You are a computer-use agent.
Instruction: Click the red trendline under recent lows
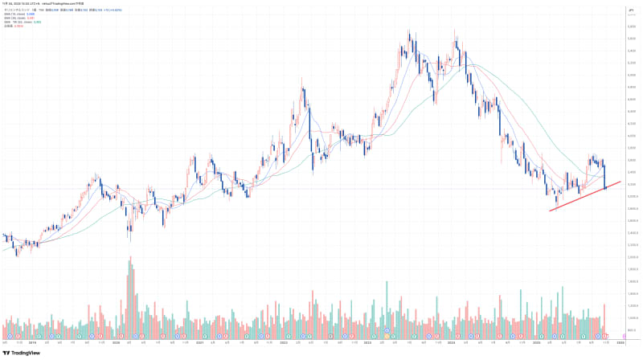pyautogui.click(x=585, y=196)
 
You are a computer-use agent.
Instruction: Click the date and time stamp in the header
pyautogui.click(x=24, y=4)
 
